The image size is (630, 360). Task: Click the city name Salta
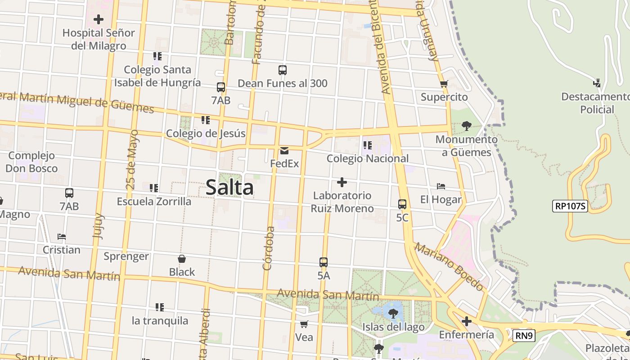pyautogui.click(x=229, y=187)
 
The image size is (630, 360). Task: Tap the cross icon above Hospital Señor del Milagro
pyautogui.click(x=99, y=19)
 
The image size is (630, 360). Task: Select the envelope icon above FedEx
pyautogui.click(x=284, y=150)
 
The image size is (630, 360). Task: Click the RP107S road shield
pyautogui.click(x=570, y=206)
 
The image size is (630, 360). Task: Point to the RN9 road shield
pyautogui.click(x=524, y=335)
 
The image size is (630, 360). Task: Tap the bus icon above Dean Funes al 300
pyautogui.click(x=283, y=70)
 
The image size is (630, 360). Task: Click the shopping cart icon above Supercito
pyautogui.click(x=444, y=84)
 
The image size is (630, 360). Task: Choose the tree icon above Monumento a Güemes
pyautogui.click(x=467, y=126)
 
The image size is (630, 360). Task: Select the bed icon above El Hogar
pyautogui.click(x=441, y=186)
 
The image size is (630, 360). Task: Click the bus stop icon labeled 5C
pyautogui.click(x=402, y=204)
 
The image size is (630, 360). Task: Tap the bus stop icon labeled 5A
pyautogui.click(x=324, y=262)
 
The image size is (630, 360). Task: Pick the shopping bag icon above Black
pyautogui.click(x=182, y=259)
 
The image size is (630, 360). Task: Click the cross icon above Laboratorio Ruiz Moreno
pyautogui.click(x=342, y=182)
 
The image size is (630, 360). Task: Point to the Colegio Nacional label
pyautogui.click(x=368, y=158)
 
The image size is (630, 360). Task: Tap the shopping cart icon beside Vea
pyautogui.click(x=304, y=324)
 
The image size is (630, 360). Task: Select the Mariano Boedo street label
pyautogui.click(x=449, y=266)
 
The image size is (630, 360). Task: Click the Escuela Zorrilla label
pyautogui.click(x=154, y=201)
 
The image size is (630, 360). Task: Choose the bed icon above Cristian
pyautogui.click(x=62, y=237)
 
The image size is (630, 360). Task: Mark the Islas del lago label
pyautogui.click(x=393, y=327)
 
